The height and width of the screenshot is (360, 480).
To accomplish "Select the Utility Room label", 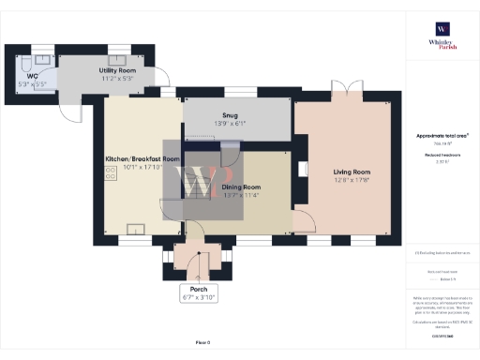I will (118, 70).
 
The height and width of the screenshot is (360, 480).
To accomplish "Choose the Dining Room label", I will (241, 187).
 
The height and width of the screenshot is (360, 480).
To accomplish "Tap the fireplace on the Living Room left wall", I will (302, 171).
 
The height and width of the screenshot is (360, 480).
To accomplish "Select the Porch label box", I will (198, 293).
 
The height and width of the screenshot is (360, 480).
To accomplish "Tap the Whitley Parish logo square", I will (441, 28).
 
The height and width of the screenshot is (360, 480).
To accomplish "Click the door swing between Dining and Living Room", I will (304, 221).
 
